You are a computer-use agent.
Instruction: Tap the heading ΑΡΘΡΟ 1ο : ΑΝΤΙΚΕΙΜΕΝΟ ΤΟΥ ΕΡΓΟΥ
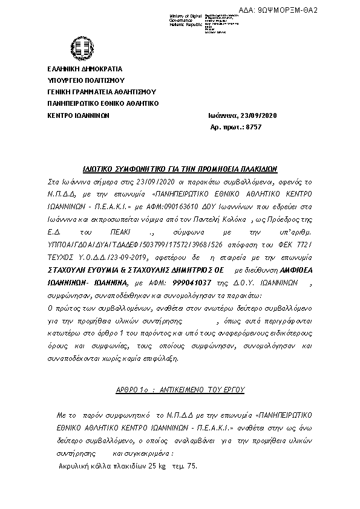(x=180, y=391)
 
